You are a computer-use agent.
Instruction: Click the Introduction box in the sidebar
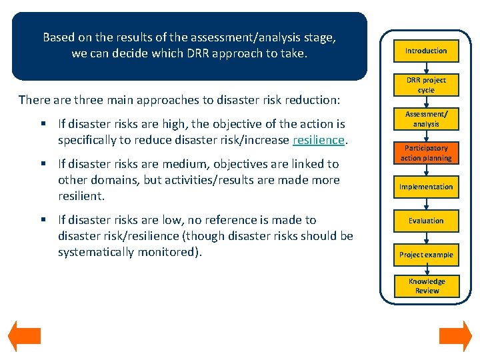[x=426, y=51]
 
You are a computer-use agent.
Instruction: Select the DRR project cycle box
[x=426, y=85]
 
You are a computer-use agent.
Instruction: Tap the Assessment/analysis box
[x=426, y=119]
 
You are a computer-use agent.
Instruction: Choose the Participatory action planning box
[x=426, y=153]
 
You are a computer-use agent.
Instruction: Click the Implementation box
[x=426, y=187]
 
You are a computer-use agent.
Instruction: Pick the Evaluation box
[x=426, y=221]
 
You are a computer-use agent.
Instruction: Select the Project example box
[x=426, y=255]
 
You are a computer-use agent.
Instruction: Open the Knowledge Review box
[x=426, y=286]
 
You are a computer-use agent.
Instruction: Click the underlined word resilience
[x=318, y=140]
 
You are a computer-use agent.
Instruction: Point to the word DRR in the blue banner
[x=201, y=53]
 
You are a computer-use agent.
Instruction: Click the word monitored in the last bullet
[x=171, y=252]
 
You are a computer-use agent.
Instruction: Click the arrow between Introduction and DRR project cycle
[x=426, y=67]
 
